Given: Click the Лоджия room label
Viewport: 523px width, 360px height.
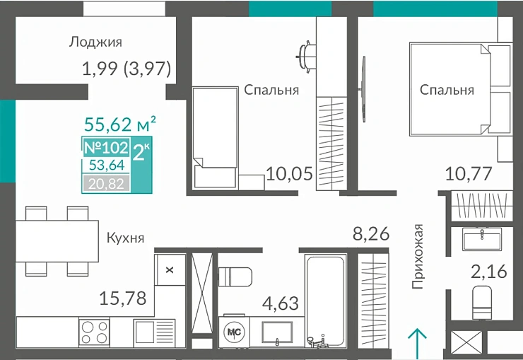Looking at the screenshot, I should tap(95, 42).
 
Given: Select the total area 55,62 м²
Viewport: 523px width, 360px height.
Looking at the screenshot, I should tap(119, 125).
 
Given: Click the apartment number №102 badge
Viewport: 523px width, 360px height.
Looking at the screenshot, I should tap(106, 149).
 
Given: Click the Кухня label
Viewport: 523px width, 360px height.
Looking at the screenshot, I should tap(126, 238).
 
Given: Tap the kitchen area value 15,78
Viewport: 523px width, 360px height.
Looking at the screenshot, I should tap(124, 298).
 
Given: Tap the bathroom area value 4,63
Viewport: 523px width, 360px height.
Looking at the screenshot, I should tap(281, 304).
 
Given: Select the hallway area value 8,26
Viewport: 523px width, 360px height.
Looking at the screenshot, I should tap(371, 233).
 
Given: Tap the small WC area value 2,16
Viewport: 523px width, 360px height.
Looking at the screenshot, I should tap(488, 271).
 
